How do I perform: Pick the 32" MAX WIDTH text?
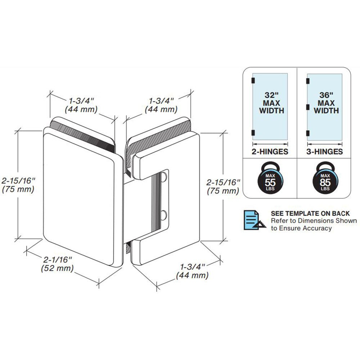pos(270,103)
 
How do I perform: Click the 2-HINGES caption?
pos(270,152)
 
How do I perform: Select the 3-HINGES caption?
pos(324,152)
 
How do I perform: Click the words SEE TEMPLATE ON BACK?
pos(310,213)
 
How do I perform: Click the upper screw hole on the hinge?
pos(164,177)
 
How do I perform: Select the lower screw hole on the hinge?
pos(164,215)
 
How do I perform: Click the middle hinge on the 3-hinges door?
pos(308,107)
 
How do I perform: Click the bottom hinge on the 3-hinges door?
pos(308,134)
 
